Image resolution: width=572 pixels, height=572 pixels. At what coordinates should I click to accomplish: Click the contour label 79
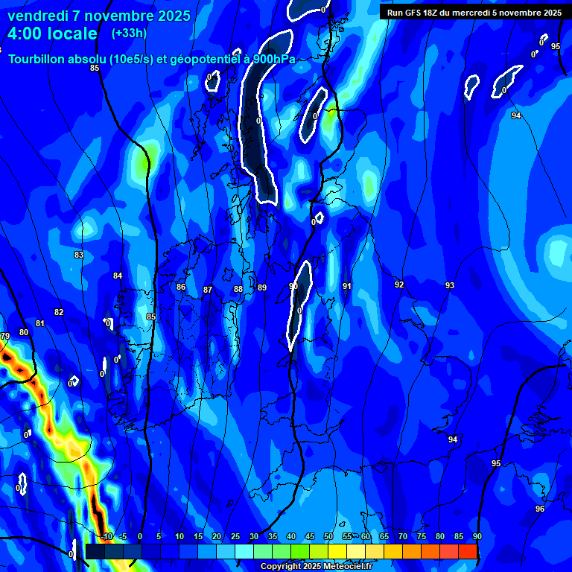pyautogui.click(x=5, y=337)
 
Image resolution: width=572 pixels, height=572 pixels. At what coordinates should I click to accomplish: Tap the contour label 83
pyautogui.click(x=79, y=255)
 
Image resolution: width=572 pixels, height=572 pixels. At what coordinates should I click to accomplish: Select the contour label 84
pyautogui.click(x=118, y=276)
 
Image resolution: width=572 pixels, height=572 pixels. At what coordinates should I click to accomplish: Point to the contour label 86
pyautogui.click(x=181, y=287)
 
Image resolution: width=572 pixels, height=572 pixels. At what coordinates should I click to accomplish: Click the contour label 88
pyautogui.click(x=238, y=289)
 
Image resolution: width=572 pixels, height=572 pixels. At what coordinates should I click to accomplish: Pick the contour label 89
pyautogui.click(x=261, y=287)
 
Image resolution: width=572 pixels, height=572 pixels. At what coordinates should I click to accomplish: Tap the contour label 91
pyautogui.click(x=347, y=286)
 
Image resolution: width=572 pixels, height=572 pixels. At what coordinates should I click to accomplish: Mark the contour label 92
pyautogui.click(x=399, y=285)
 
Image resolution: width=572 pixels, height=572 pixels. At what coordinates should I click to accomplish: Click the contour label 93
pyautogui.click(x=450, y=285)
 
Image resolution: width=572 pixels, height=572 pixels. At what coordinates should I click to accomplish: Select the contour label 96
pyautogui.click(x=540, y=509)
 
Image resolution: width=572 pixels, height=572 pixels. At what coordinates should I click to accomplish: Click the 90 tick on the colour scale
pyautogui.click(x=477, y=536)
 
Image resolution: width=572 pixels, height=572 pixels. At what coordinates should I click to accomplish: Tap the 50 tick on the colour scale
pyautogui.click(x=328, y=536)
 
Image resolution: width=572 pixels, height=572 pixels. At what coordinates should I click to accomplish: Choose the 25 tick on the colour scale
pyautogui.click(x=235, y=536)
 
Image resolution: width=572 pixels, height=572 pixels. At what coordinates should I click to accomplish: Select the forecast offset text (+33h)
pyautogui.click(x=129, y=33)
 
